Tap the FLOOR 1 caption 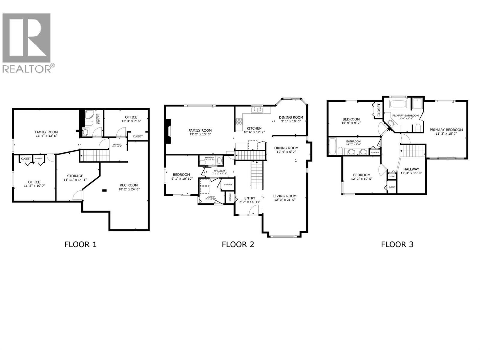pyautogui.click(x=80, y=244)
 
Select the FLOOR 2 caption pyautogui.click(x=238, y=244)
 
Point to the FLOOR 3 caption pyautogui.click(x=397, y=244)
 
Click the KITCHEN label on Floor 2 pyautogui.click(x=254, y=128)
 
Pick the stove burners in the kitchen pyautogui.click(x=239, y=122)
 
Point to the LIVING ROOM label pyautogui.click(x=285, y=196)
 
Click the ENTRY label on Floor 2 pyautogui.click(x=250, y=198)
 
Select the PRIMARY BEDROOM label pyautogui.click(x=446, y=130)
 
